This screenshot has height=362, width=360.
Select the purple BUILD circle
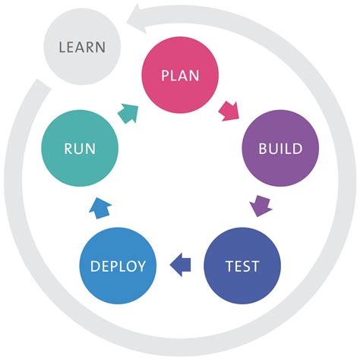279,148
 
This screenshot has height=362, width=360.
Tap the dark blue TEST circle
242,266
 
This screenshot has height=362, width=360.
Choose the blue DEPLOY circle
118,266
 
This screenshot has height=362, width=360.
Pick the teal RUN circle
80,148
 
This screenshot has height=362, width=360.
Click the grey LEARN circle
83,47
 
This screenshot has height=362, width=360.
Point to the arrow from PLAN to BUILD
229,112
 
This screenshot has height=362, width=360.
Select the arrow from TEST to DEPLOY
180,265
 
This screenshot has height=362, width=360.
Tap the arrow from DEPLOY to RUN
99,206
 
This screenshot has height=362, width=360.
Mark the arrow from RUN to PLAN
129,112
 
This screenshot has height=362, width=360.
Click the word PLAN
181,77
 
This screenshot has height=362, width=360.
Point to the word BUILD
279,149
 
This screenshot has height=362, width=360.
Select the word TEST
242,266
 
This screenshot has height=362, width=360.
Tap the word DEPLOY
118,266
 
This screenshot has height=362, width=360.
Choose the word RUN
80,149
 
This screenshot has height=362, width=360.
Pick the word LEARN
83,47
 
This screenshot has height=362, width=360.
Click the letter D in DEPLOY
95,266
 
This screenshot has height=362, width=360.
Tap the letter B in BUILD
263,149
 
